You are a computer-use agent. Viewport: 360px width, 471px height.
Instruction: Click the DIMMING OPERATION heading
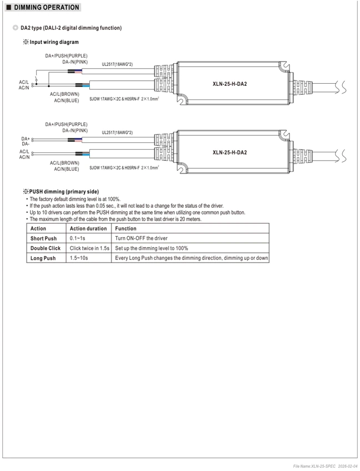[47, 7]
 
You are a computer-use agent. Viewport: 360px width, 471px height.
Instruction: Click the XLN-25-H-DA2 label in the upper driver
[230, 84]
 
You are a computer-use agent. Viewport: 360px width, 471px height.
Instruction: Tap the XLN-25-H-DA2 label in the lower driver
[230, 152]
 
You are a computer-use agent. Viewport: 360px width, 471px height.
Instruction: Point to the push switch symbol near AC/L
[37, 80]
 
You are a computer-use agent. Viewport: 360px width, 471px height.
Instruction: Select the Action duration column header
[88, 229]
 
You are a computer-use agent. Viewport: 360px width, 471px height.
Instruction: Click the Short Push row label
[43, 238]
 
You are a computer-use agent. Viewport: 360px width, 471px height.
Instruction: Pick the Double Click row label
[45, 248]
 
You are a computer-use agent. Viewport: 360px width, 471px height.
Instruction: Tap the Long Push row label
[43, 258]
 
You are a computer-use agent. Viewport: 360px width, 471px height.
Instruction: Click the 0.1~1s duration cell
[77, 238]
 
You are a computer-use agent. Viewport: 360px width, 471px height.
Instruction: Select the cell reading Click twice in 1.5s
[89, 248]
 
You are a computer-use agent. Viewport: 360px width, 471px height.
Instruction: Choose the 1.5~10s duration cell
[79, 258]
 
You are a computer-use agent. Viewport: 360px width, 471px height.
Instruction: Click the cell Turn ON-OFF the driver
[141, 238]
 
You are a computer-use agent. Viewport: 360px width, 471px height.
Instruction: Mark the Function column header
[125, 229]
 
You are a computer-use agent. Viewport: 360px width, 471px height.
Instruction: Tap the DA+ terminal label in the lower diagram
[26, 139]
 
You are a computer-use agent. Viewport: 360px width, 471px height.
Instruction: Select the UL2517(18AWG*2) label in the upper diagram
[117, 64]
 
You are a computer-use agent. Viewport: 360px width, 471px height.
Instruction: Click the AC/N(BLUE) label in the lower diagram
[67, 169]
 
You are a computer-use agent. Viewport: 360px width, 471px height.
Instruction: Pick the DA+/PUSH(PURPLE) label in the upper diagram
[66, 56]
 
